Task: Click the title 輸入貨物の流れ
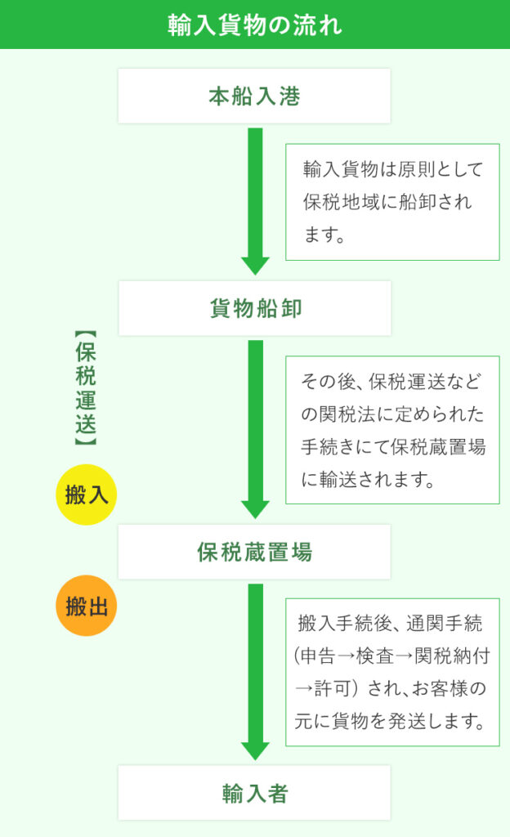[x=254, y=25]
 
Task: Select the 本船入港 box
[x=254, y=96]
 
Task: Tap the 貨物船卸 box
[x=254, y=308]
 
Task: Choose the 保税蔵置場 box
[x=254, y=552]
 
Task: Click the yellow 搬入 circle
[x=87, y=495]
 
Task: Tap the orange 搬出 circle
[x=87, y=606]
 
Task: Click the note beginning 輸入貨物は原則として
[x=392, y=202]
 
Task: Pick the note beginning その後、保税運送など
[x=392, y=430]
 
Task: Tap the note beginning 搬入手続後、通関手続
[x=392, y=672]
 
